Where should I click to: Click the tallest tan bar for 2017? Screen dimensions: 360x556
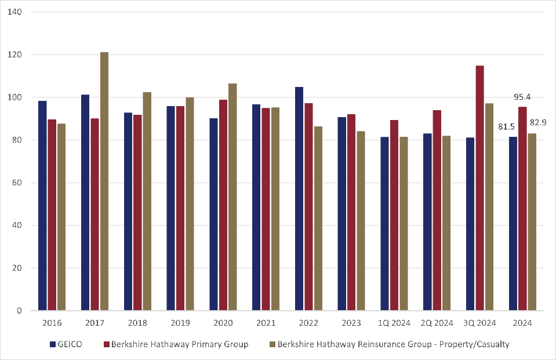104,181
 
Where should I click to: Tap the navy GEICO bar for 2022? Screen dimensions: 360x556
299,199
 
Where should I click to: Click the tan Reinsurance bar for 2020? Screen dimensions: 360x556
232,197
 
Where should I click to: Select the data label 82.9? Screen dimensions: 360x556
538,122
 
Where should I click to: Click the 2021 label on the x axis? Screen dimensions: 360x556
266,322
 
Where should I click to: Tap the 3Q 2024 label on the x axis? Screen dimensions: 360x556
480,322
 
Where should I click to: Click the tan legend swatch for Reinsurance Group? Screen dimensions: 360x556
272,344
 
